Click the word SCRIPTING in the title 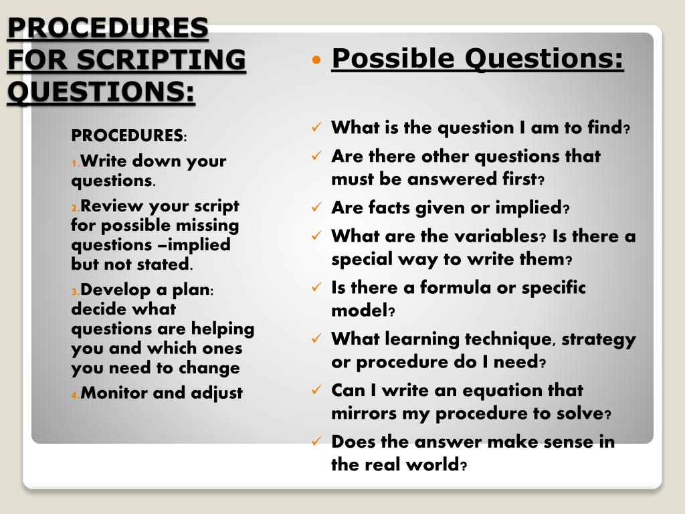pos(161,60)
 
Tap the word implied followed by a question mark pos(528,208)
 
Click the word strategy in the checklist pos(599,339)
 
